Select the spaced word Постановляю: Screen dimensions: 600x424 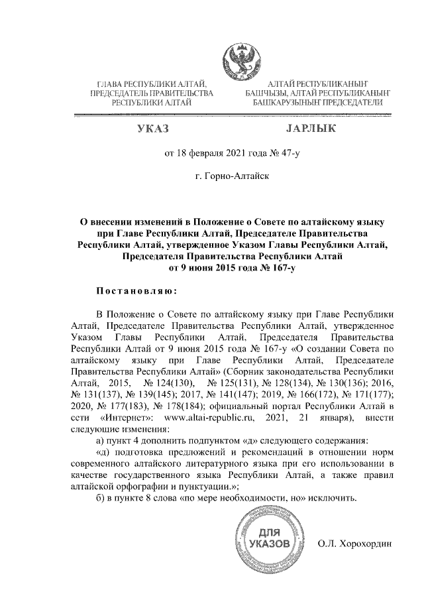coord(136,290)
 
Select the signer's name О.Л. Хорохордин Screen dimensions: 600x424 coord(355,544)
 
